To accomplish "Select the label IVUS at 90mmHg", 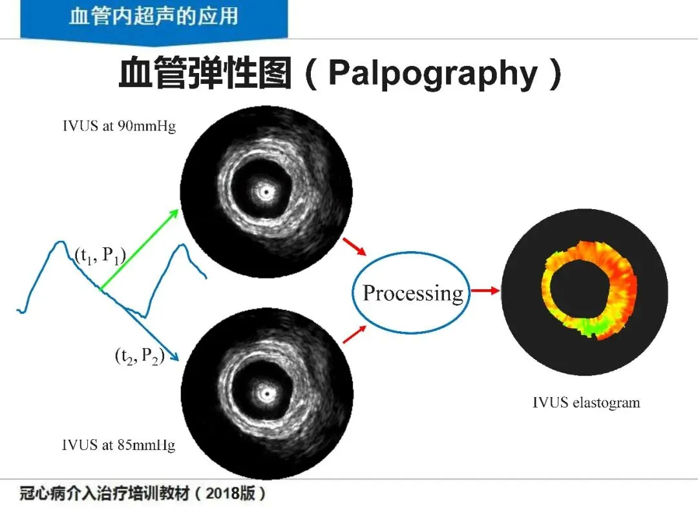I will (119, 126).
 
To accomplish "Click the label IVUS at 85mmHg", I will (118, 445).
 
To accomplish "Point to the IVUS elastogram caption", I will (586, 403).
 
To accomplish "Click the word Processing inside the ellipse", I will (413, 293).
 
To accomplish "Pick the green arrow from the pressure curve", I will (139, 251).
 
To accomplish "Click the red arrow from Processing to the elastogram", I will (485, 291).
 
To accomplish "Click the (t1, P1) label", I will (100, 256).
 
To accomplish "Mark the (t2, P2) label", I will (138, 356).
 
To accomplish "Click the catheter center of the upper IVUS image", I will (264, 192).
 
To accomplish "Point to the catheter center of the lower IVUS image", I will (264, 392).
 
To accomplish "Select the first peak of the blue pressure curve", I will (60, 243).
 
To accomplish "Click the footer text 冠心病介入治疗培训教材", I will (103, 494).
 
